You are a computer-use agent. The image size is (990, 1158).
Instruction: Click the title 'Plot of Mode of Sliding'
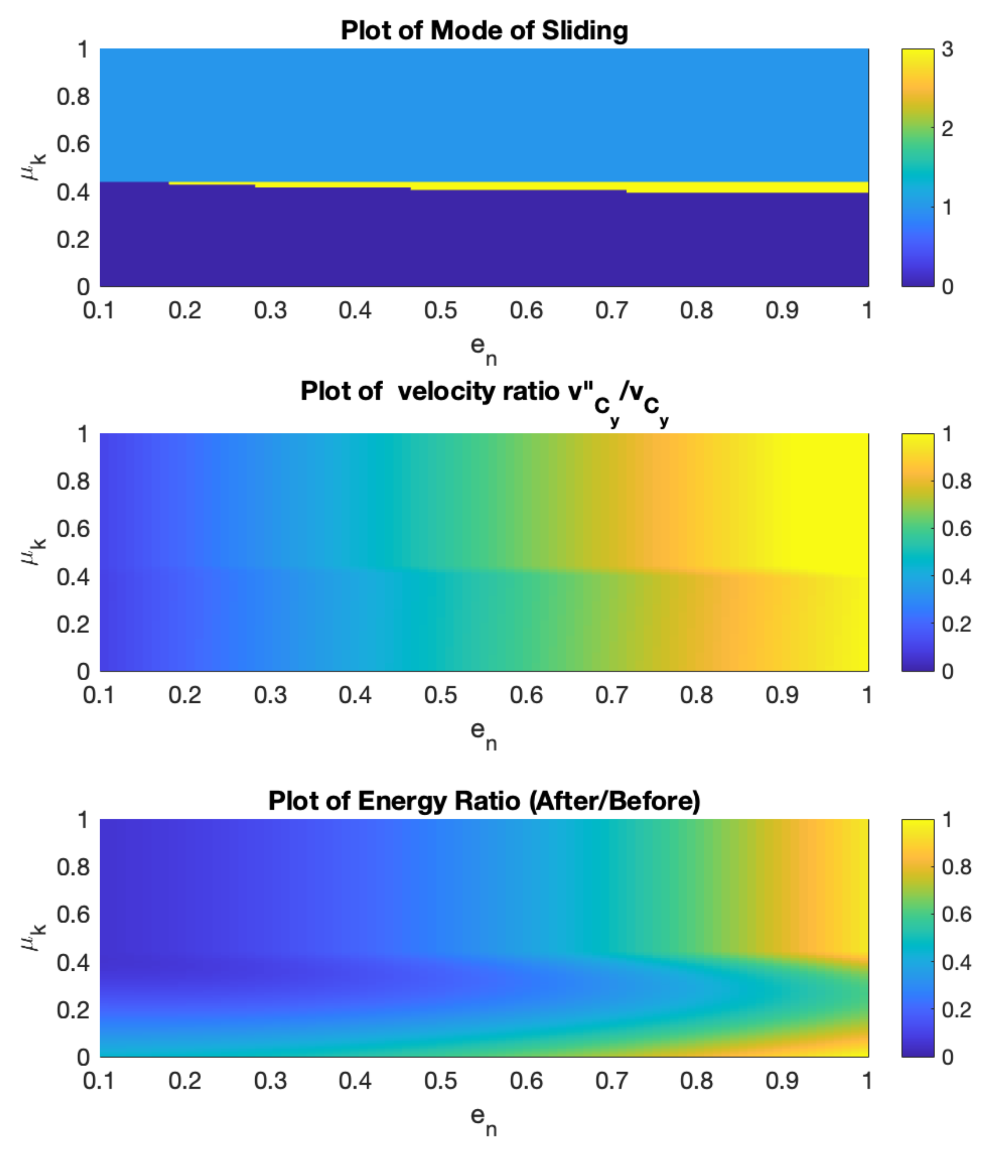coord(484,30)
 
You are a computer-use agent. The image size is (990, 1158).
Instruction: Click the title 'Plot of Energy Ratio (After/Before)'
coord(484,801)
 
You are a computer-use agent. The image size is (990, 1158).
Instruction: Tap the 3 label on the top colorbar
coord(947,49)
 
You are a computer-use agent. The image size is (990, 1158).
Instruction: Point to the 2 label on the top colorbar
coord(947,128)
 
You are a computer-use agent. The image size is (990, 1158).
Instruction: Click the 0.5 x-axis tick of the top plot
coord(440,310)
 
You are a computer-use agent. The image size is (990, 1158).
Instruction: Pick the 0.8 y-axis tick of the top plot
coord(73,97)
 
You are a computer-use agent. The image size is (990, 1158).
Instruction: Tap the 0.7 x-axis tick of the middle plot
coord(611,695)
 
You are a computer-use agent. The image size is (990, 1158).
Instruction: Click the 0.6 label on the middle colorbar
coord(956,529)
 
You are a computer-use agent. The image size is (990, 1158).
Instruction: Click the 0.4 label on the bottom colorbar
coord(956,962)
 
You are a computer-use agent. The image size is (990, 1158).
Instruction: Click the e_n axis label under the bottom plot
coord(483,1120)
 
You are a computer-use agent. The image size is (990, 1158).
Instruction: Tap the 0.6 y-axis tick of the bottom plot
coord(73,915)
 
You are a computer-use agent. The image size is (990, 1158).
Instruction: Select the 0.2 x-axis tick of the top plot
coord(185,310)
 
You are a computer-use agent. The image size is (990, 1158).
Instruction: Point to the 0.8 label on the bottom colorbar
coord(956,867)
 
